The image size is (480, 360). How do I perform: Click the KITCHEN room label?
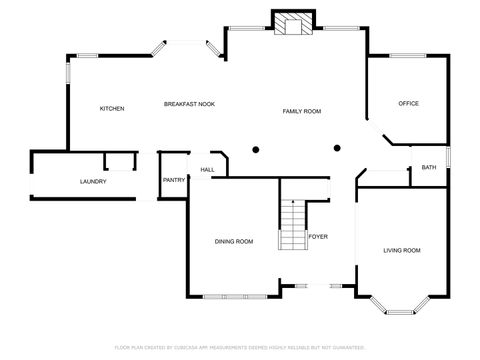pyautogui.click(x=111, y=108)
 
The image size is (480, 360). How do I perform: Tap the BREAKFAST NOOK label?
pyautogui.click(x=190, y=104)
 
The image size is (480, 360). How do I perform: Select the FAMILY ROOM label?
pyautogui.click(x=301, y=111)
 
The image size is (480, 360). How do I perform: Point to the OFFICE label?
pyautogui.click(x=408, y=104)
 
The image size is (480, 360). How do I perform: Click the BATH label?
pyautogui.click(x=428, y=167)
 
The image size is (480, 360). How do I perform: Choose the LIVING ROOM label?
pyautogui.click(x=402, y=250)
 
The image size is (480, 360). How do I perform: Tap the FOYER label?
pyautogui.click(x=318, y=237)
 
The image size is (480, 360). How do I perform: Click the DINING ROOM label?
pyautogui.click(x=234, y=242)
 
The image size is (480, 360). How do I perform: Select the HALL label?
pyautogui.click(x=207, y=170)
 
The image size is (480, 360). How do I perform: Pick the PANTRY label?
pyautogui.click(x=173, y=181)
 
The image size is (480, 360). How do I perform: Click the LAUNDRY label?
pyautogui.click(x=93, y=181)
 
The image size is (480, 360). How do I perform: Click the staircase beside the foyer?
pyautogui.click(x=292, y=225)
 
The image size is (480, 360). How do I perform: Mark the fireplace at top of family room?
pyautogui.click(x=293, y=24)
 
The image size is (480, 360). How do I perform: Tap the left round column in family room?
pyautogui.click(x=256, y=150)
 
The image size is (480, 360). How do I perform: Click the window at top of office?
pyautogui.click(x=407, y=56)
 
